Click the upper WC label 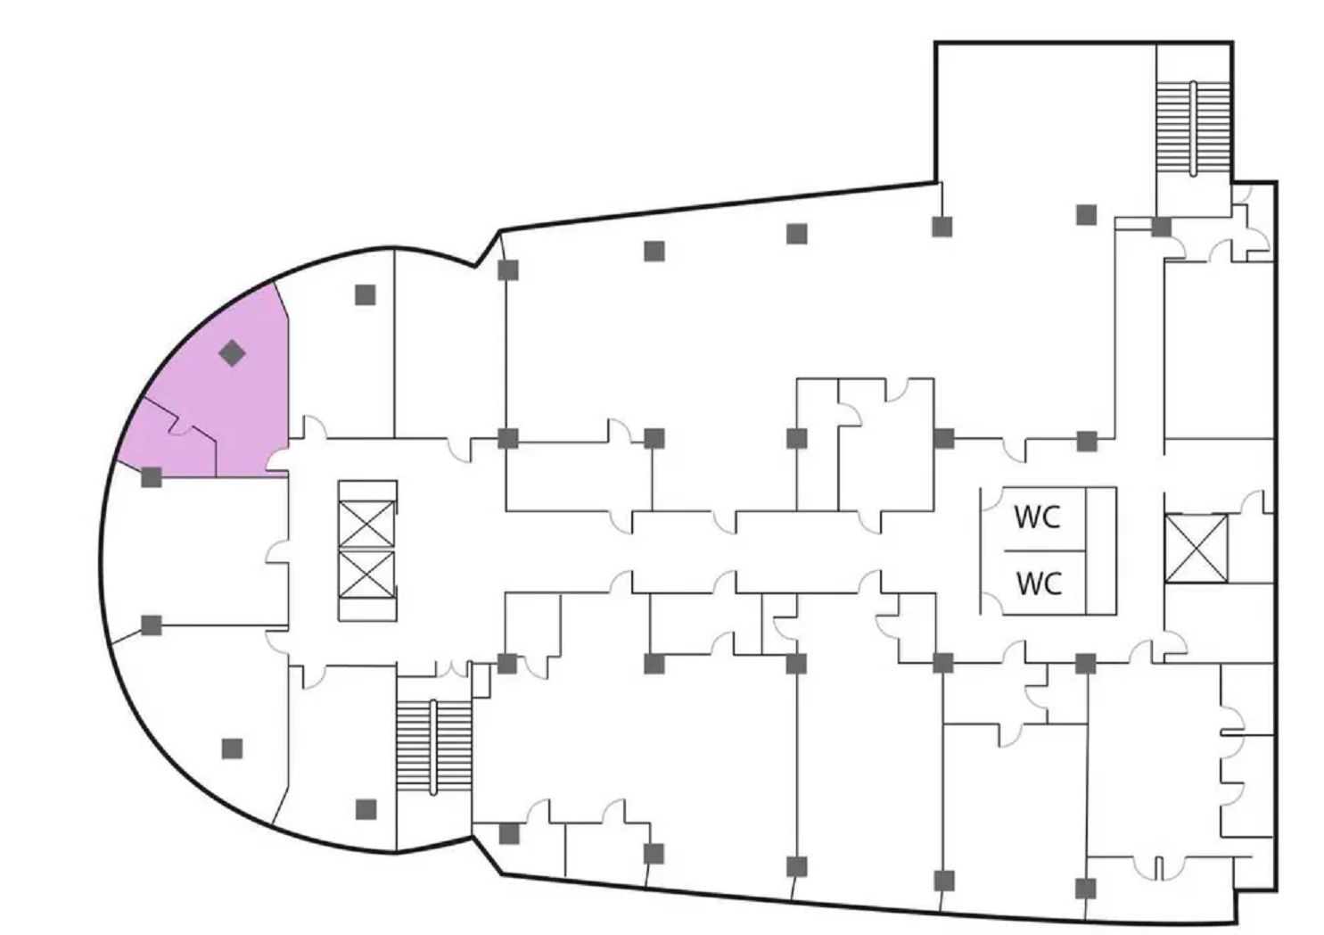[x=1037, y=517]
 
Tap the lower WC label [x=1039, y=583]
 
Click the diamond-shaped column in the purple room [x=232, y=353]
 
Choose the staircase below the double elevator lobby [x=433, y=746]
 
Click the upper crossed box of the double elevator [x=366, y=524]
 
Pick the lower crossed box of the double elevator [x=366, y=575]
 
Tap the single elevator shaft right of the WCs [x=1196, y=548]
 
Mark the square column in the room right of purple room [x=365, y=294]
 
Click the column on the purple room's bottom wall [x=152, y=476]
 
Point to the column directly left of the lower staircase [x=366, y=809]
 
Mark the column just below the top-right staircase [x=1161, y=227]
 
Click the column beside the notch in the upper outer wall [x=507, y=269]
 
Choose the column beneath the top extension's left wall [x=942, y=227]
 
